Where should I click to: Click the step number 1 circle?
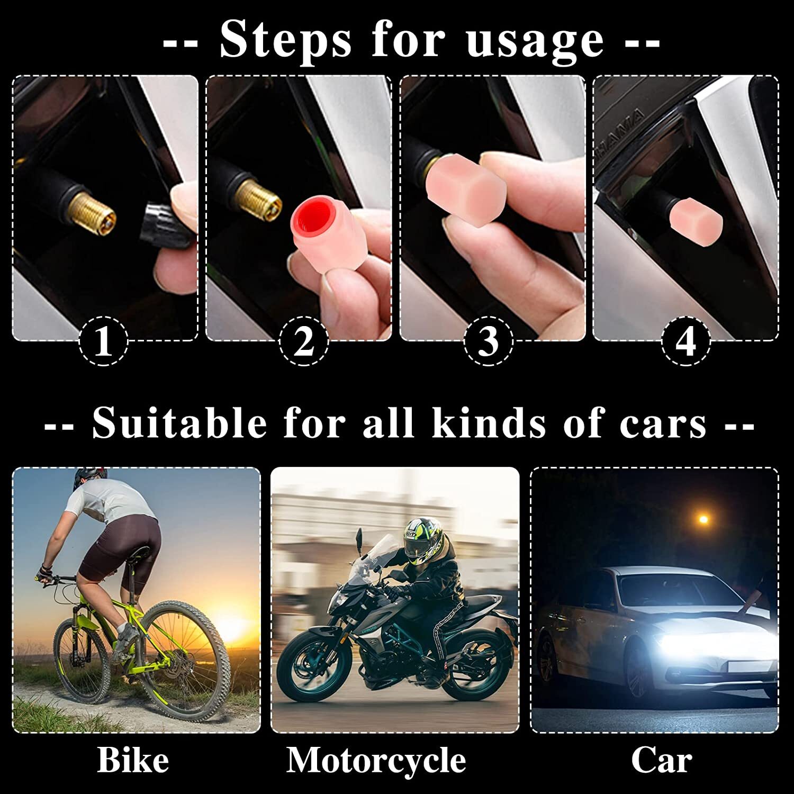tap(103, 341)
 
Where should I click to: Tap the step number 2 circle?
tap(303, 341)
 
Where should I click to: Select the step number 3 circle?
tap(489, 341)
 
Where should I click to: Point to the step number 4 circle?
tap(686, 341)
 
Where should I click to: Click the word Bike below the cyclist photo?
tap(133, 761)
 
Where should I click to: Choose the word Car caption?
tap(662, 761)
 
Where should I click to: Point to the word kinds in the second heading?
tap(488, 423)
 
